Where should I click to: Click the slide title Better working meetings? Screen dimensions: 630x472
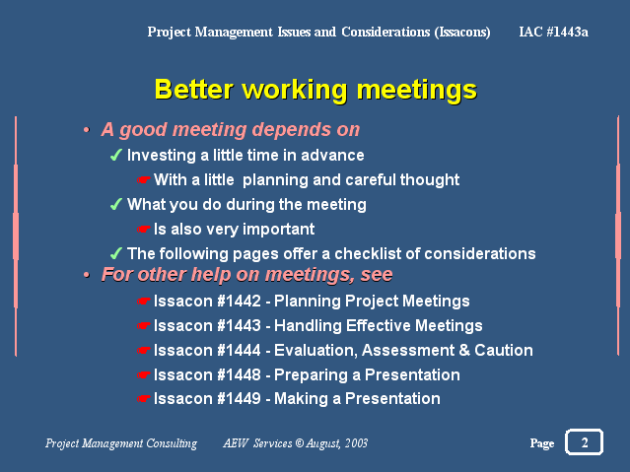click(x=315, y=90)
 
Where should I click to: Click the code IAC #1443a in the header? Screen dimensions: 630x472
click(x=554, y=32)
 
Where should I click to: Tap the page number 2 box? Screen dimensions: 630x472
click(x=585, y=441)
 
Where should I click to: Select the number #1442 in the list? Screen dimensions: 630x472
click(x=239, y=301)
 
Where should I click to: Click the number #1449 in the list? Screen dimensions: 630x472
click(x=239, y=398)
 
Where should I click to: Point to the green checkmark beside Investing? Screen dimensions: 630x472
click(x=116, y=155)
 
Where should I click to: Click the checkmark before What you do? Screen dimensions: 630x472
click(x=116, y=204)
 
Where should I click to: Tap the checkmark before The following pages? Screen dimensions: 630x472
click(x=116, y=253)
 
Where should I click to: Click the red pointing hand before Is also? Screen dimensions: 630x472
click(x=143, y=229)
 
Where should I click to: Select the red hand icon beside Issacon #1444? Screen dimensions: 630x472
click(x=143, y=350)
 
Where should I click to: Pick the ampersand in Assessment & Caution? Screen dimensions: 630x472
click(x=464, y=350)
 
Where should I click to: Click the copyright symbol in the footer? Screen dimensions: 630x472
click(x=300, y=442)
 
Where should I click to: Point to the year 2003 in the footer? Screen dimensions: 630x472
click(x=356, y=442)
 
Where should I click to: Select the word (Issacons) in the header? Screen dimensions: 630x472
click(x=462, y=32)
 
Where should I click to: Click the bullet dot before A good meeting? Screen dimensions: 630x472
click(x=86, y=130)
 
